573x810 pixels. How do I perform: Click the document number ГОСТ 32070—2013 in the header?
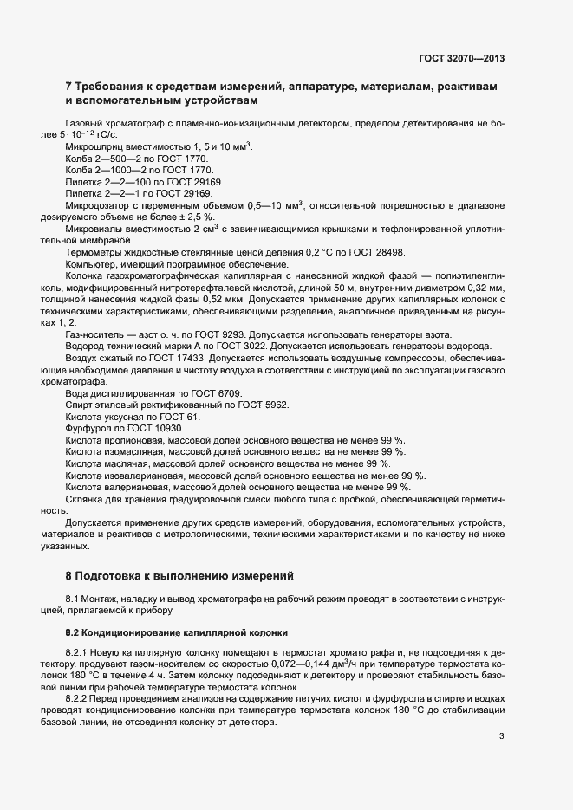click(x=461, y=58)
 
